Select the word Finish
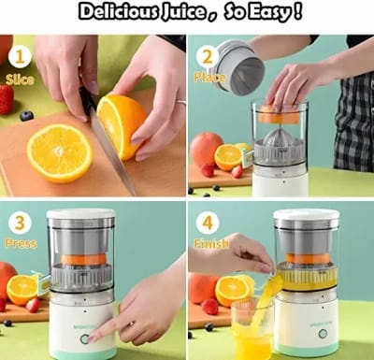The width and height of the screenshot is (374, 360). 211,245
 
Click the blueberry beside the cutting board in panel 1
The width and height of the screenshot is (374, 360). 26,115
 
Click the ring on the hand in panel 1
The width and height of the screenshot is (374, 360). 180,103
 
